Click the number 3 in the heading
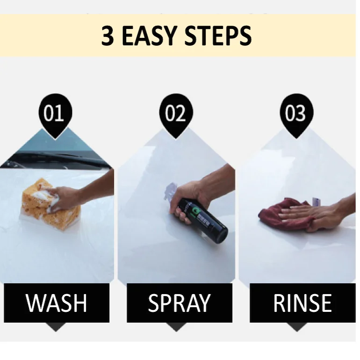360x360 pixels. coord(108,36)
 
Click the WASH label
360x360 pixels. coord(57,303)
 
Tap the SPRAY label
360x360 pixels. coord(179,303)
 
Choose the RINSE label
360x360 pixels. coord(302,303)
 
